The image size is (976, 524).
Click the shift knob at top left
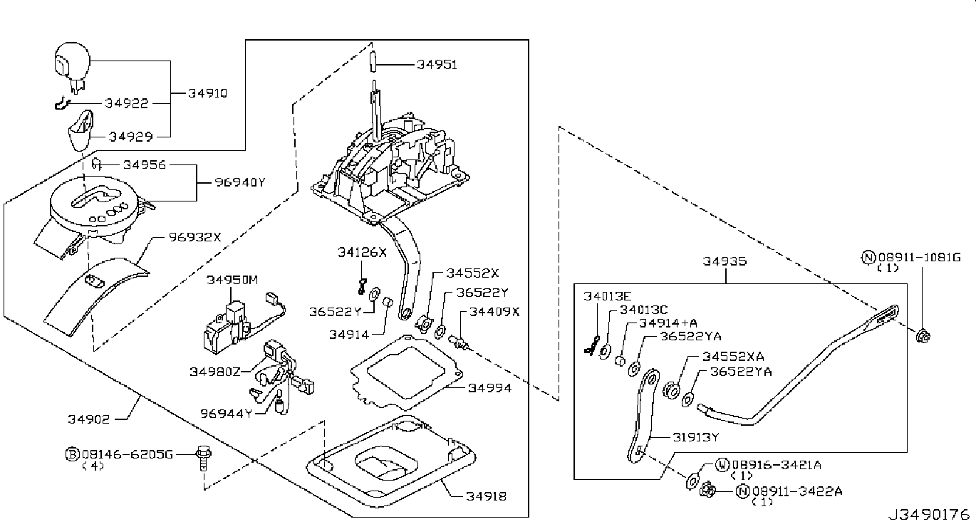coord(70,63)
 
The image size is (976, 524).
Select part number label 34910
coord(207,93)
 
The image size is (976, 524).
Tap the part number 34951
coord(437,65)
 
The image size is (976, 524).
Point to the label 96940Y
coord(240,182)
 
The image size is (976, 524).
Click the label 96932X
coord(195,236)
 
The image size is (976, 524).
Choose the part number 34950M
coord(232,281)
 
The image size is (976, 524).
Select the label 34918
coord(487,496)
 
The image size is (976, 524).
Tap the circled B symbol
coord(71,453)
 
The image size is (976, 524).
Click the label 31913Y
coord(696,437)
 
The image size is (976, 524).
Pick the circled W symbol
coord(720,465)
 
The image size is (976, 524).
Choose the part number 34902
coord(88,419)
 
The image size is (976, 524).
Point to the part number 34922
coord(127,104)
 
